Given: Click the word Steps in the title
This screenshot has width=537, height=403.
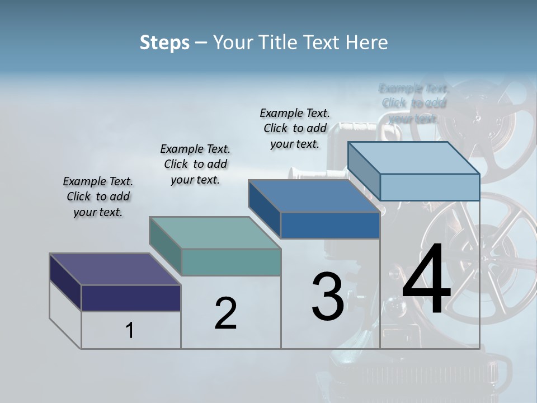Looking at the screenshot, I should [x=164, y=43].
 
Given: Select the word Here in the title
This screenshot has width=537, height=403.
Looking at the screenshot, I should [x=366, y=43].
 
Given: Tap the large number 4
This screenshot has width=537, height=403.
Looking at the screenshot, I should [x=426, y=280].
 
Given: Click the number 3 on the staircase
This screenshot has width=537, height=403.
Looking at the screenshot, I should [x=328, y=297].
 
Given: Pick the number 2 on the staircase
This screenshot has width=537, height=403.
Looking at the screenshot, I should [x=225, y=313].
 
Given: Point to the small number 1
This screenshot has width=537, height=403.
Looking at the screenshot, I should [x=130, y=331].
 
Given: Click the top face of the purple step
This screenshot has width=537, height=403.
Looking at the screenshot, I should [x=115, y=269].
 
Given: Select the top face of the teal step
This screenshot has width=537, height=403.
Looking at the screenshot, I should [x=215, y=233].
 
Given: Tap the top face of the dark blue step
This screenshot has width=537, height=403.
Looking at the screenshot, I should [x=314, y=196].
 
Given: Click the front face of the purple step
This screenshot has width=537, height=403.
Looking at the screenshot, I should [x=131, y=298].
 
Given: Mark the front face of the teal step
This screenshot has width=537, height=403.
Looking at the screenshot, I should [x=231, y=262].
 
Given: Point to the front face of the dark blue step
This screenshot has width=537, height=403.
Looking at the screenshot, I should [x=330, y=225].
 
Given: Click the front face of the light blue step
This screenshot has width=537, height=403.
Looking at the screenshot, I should [x=430, y=187].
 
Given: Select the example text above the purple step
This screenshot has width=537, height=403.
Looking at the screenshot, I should [x=98, y=196].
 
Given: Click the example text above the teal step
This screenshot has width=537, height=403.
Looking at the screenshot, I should [x=195, y=164].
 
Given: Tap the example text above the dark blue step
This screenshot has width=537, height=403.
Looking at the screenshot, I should [x=295, y=128].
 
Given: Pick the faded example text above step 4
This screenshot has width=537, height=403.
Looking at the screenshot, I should [x=414, y=104].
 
